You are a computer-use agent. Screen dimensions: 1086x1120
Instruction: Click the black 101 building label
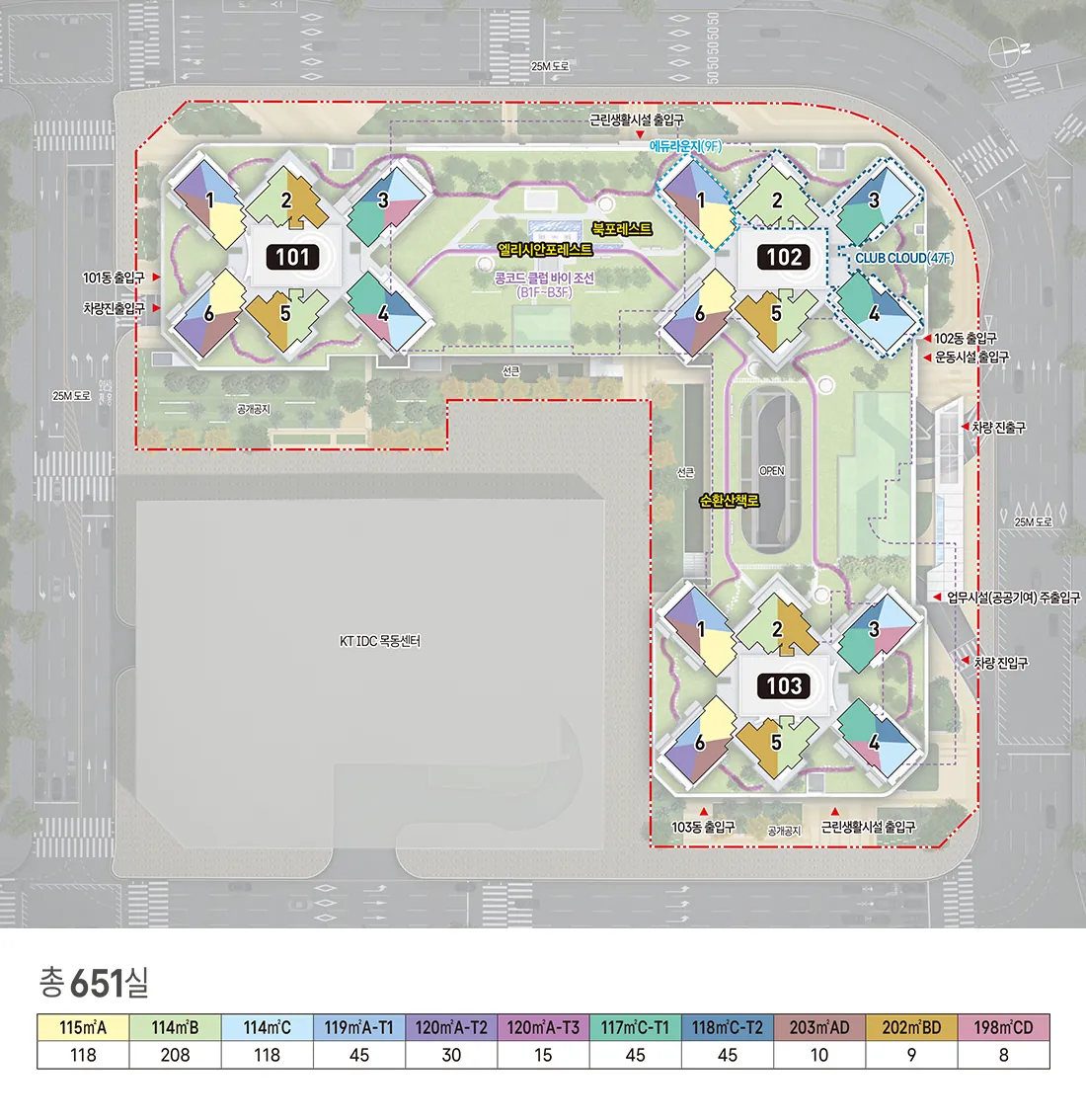[x=292, y=257]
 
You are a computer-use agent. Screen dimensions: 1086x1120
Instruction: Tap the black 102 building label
[x=784, y=257]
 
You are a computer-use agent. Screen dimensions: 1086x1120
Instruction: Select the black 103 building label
[x=784, y=685]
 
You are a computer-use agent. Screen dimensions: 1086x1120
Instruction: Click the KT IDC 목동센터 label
[x=380, y=641]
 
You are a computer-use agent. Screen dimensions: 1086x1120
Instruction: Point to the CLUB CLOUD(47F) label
[x=904, y=258]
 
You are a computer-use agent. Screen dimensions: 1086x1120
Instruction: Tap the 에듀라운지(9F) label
[x=685, y=146]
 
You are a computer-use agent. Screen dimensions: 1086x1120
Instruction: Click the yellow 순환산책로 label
[x=729, y=501]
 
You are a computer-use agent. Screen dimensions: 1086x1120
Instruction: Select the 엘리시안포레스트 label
[x=545, y=249]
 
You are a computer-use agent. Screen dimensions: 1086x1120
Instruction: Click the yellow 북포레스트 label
[x=622, y=228]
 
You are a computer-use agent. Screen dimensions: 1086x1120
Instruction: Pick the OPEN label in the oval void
[x=772, y=471]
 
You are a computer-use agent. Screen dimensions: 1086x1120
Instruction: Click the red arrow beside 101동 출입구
[x=156, y=277]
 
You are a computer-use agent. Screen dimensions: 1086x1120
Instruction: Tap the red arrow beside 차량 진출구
[x=965, y=427]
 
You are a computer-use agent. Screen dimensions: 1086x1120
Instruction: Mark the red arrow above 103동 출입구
[x=704, y=812]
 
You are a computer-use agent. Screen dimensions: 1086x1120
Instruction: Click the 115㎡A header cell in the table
[x=83, y=1027]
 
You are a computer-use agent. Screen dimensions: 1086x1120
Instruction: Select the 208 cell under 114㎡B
[x=175, y=1054]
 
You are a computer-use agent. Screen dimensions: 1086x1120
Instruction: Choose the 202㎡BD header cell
[x=911, y=1027]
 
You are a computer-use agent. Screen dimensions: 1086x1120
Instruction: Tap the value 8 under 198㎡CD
[x=1003, y=1054]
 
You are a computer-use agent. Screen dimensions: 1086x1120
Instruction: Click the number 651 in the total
[x=97, y=983]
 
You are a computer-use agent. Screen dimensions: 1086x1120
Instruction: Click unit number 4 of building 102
[x=874, y=313]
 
